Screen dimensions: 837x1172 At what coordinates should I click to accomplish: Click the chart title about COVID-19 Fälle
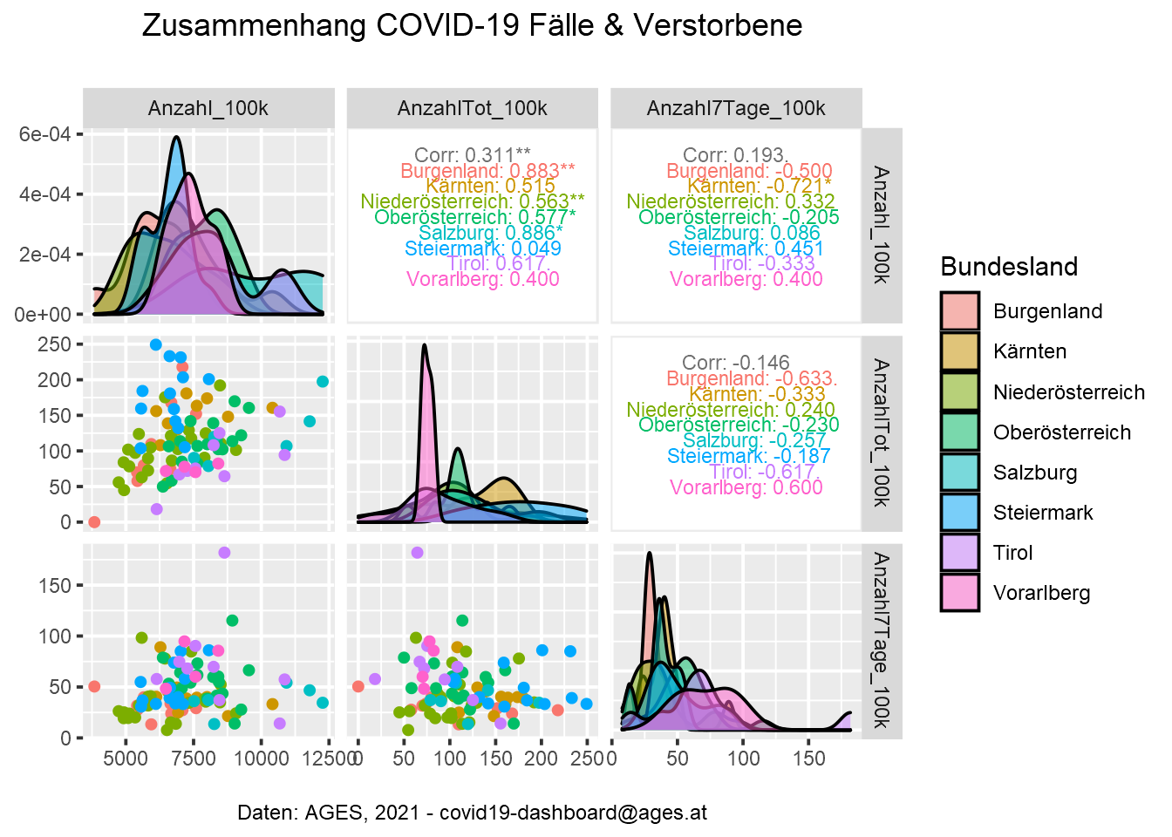click(472, 25)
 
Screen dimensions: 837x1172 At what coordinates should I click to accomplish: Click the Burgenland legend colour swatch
click(959, 311)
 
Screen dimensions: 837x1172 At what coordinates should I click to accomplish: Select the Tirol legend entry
click(1012, 553)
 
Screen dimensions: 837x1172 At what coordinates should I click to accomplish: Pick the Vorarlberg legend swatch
click(959, 593)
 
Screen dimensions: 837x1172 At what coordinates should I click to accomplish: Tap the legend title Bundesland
click(1009, 267)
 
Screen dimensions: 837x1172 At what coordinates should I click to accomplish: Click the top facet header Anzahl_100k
click(208, 108)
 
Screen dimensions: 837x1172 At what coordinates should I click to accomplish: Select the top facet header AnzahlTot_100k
click(472, 108)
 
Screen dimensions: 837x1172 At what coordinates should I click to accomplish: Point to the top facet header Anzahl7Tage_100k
click(736, 108)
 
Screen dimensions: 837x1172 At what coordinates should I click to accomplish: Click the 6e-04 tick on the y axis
click(44, 133)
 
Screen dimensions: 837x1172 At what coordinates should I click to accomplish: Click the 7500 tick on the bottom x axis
click(194, 759)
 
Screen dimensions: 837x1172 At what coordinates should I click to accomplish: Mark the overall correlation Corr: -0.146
click(736, 362)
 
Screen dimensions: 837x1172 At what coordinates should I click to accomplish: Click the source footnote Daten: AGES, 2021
click(472, 813)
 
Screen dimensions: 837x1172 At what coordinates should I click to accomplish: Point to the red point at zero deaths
click(94, 522)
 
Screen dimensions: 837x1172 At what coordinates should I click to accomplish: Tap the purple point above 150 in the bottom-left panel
click(224, 553)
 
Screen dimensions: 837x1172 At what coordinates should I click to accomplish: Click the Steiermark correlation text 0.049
click(483, 248)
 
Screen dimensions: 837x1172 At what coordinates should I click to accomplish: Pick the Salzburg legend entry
click(1034, 473)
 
